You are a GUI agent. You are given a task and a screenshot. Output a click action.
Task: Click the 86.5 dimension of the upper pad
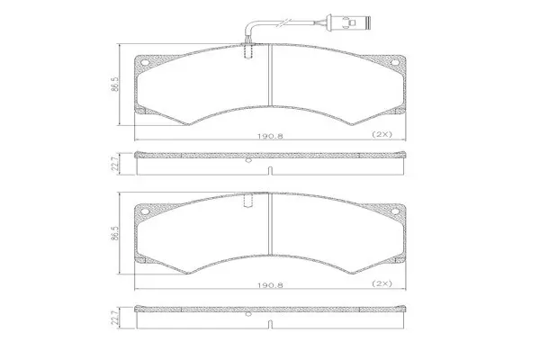tap(115, 84)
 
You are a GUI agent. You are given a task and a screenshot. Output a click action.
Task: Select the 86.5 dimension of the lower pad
tap(115, 233)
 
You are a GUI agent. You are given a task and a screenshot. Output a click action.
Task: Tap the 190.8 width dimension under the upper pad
tap(270, 136)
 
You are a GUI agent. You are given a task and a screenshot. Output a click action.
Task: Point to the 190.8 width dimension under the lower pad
tap(270, 285)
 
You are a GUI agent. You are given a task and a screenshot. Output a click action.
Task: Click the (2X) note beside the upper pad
tap(382, 134)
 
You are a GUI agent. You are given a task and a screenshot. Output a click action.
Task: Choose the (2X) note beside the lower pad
tap(382, 283)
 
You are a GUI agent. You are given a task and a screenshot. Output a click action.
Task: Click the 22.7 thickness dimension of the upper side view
tap(116, 163)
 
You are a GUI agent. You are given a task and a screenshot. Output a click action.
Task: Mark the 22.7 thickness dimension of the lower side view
tap(116, 319)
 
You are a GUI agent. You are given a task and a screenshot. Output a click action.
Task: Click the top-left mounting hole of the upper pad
tap(145, 63)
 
